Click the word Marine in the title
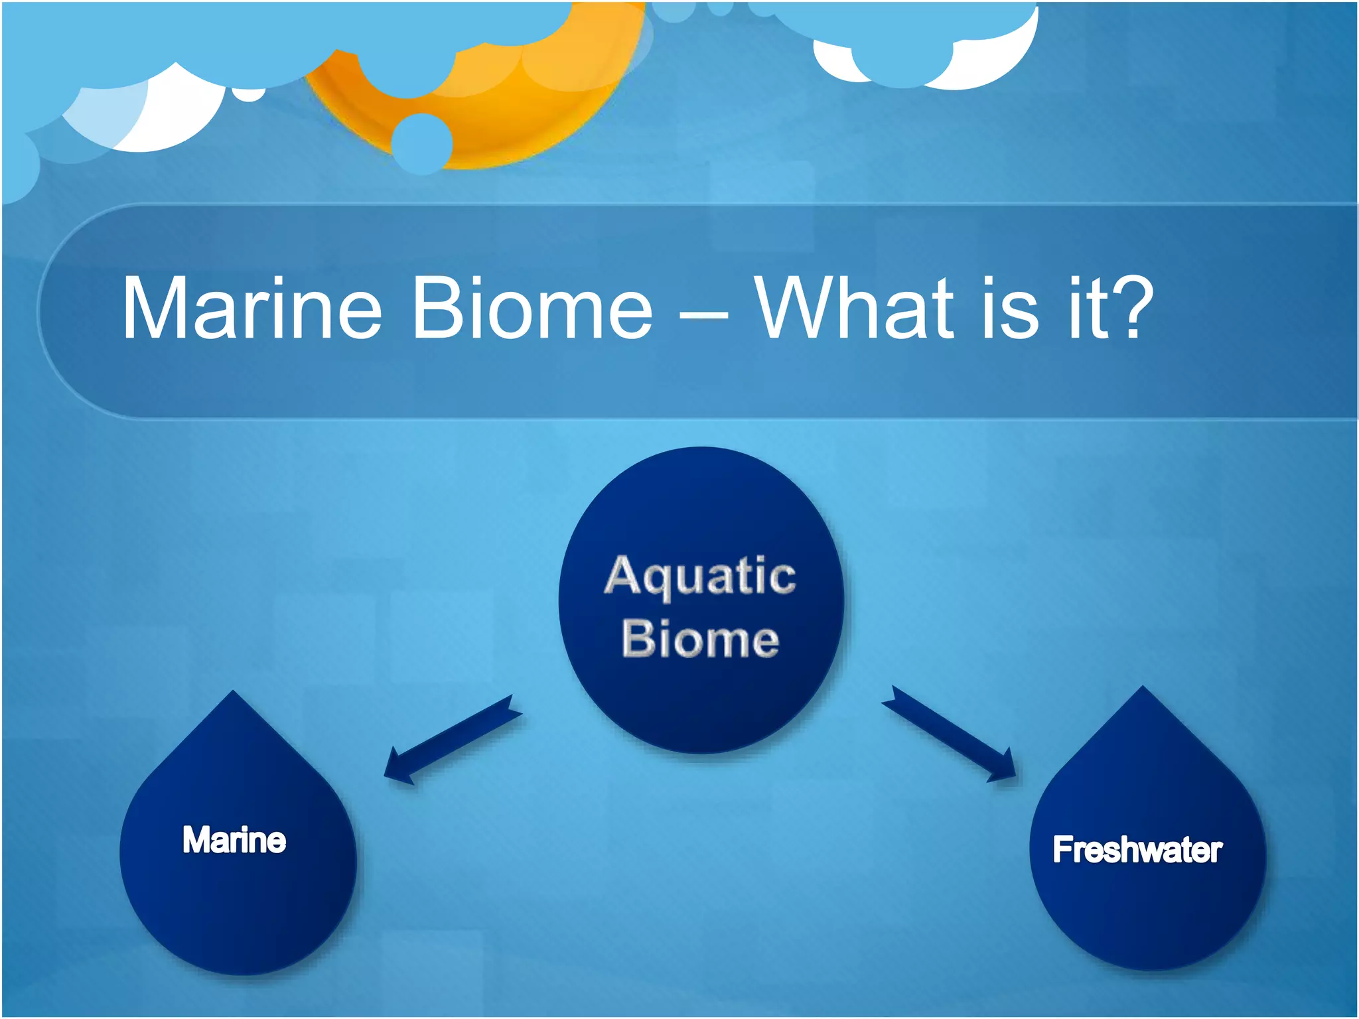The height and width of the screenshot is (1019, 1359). pyautogui.click(x=252, y=308)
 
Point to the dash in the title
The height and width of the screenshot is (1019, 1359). pyautogui.click(x=703, y=314)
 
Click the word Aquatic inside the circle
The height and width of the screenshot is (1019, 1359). pyautogui.click(x=700, y=576)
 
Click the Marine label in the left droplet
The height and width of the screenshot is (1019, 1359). pyautogui.click(x=234, y=840)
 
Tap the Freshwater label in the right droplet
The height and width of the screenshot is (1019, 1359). pyautogui.click(x=1137, y=850)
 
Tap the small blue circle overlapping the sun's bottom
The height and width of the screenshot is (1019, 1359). pyautogui.click(x=421, y=143)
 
